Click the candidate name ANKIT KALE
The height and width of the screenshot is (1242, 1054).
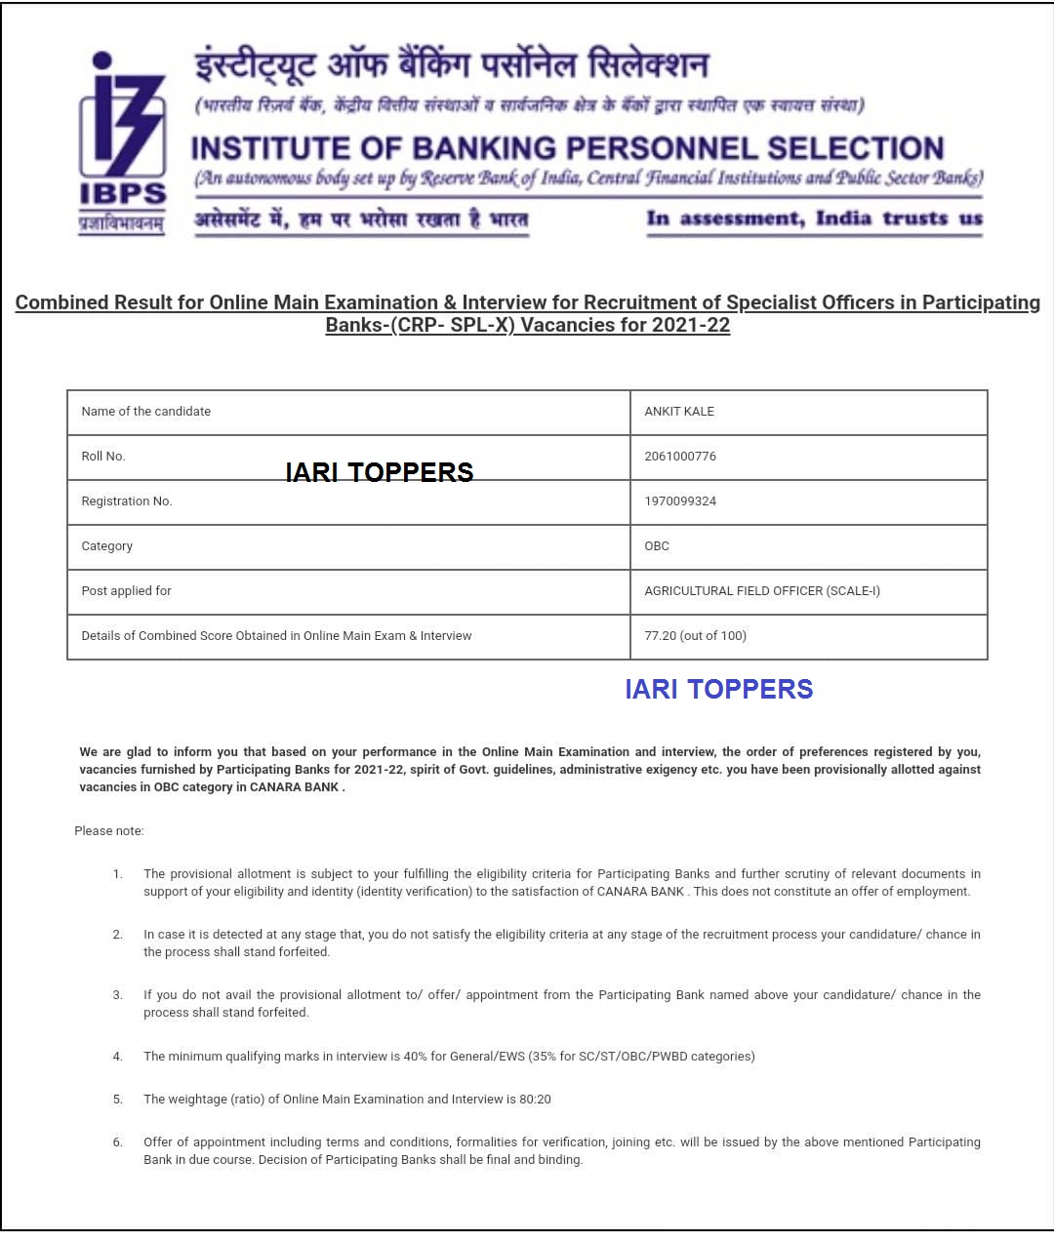[679, 412]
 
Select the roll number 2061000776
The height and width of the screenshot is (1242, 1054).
[680, 457]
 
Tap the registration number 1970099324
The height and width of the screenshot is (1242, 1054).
[680, 501]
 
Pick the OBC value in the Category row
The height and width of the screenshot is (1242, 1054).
[657, 546]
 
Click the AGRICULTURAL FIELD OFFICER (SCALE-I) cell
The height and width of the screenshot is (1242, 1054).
[762, 591]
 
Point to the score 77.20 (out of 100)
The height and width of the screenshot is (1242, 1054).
[695, 636]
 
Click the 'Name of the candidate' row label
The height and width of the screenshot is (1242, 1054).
[146, 412]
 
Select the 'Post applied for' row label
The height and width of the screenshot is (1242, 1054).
[126, 591]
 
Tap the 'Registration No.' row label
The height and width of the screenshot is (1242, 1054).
[127, 501]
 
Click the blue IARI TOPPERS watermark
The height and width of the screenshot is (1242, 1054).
[718, 689]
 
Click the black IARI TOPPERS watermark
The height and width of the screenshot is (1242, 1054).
[380, 472]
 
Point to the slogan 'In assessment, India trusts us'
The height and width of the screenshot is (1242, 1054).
[814, 219]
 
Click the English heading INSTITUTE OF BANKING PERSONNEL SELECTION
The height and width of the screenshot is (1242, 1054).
[567, 148]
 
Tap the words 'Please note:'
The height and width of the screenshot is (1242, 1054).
[109, 831]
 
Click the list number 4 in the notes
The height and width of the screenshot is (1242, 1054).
[117, 1057]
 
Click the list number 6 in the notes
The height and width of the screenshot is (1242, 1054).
[117, 1142]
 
